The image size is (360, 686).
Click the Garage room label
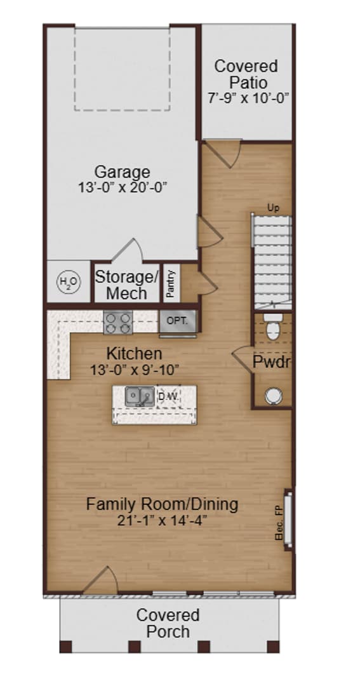(x=122, y=171)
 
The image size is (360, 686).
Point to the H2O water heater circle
(x=66, y=281)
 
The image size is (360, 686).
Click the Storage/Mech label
(x=126, y=285)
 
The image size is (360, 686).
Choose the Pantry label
(x=170, y=282)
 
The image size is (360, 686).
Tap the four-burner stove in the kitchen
(x=118, y=322)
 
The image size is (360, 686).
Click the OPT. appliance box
(x=177, y=321)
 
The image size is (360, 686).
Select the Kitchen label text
(x=134, y=353)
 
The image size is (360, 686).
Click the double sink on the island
(x=138, y=397)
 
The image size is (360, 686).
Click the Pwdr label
(x=272, y=363)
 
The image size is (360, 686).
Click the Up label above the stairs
(x=273, y=208)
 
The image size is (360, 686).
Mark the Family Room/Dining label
(x=163, y=504)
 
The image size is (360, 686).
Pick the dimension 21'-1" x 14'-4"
(x=163, y=521)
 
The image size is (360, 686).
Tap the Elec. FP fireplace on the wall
(x=287, y=515)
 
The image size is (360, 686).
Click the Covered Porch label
(x=168, y=623)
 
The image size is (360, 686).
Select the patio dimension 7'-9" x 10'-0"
(x=248, y=98)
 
